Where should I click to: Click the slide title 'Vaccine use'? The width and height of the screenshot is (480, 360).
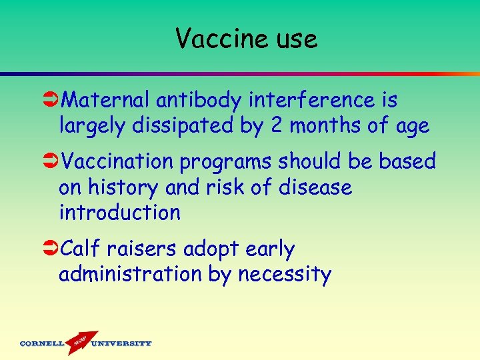247,39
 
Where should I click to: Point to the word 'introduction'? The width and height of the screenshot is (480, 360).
119,213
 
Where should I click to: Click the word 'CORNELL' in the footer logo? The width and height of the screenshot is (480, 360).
41,344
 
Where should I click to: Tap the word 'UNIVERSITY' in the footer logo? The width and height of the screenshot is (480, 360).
121,344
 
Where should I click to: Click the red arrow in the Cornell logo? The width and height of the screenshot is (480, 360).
81,341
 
